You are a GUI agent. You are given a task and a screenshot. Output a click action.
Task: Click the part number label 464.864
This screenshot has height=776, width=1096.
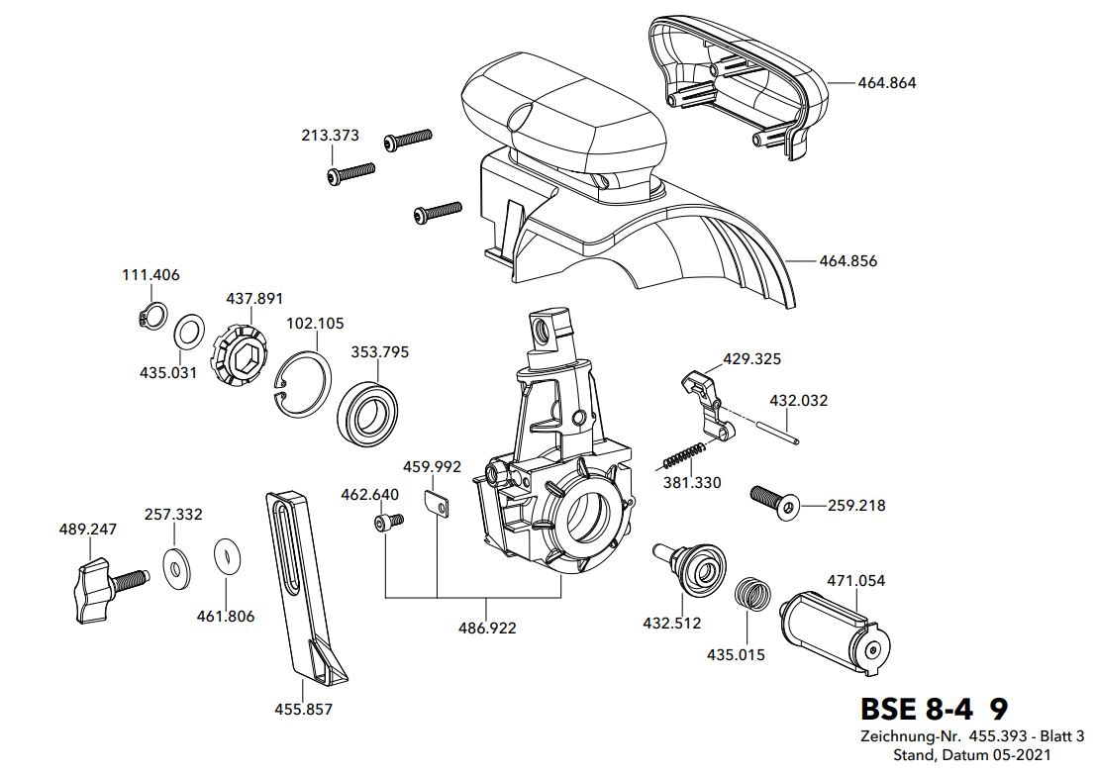pyautogui.click(x=887, y=82)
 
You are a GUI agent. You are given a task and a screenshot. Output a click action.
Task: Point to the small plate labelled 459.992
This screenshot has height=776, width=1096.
pyautogui.click(x=437, y=504)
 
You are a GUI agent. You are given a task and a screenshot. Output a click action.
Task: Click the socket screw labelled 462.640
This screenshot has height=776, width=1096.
pyautogui.click(x=386, y=522)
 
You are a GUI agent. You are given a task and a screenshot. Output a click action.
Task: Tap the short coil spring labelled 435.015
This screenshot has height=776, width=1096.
pyautogui.click(x=752, y=595)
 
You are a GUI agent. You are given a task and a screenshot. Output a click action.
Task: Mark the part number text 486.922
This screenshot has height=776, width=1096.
pyautogui.click(x=487, y=628)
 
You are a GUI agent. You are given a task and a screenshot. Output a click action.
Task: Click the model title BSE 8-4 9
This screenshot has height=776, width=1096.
pyautogui.click(x=934, y=709)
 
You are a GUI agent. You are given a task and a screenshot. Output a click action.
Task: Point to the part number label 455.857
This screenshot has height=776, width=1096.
pyautogui.click(x=303, y=709)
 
